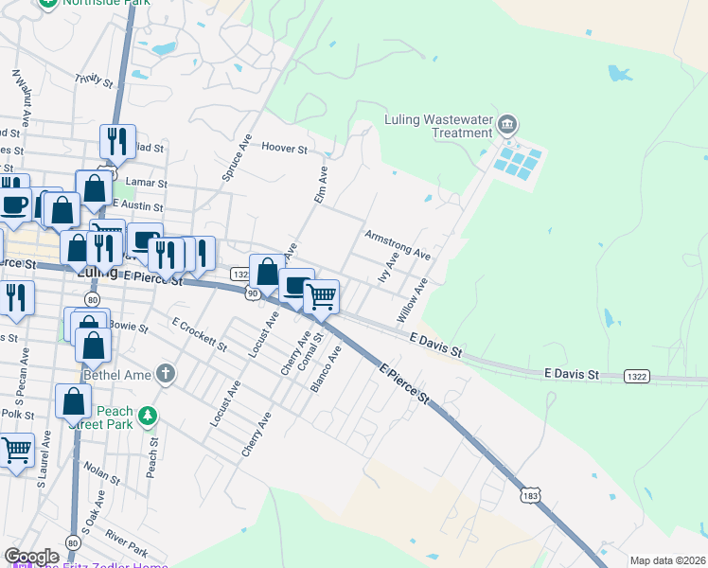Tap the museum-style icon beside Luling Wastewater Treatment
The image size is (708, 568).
508,125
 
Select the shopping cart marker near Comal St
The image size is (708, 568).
321,296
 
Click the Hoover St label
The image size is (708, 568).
285,149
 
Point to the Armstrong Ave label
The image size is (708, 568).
398,244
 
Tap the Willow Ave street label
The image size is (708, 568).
413,299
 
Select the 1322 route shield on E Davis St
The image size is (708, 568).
637,377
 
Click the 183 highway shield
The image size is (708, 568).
531,493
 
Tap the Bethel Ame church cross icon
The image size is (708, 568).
167,373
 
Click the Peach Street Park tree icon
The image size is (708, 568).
147,416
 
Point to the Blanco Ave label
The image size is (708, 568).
327,368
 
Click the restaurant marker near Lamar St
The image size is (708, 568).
117,142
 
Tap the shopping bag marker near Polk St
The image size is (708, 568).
74,401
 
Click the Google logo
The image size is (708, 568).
31,557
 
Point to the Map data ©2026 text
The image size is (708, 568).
666,560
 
